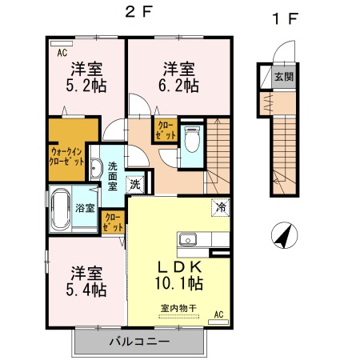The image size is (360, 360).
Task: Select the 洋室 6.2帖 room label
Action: coord(175,77)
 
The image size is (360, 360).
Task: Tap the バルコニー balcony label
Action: coord(139,342)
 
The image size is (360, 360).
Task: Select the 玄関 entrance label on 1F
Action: coord(283,78)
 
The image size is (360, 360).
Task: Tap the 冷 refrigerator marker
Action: coord(218,207)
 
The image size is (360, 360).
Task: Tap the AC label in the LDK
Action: coord(218,316)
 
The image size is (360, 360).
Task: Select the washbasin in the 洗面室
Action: coord(96,169)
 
